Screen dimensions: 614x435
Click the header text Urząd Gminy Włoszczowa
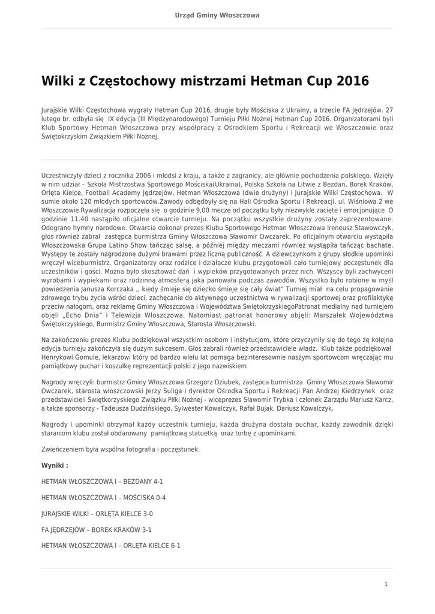pos(217,15)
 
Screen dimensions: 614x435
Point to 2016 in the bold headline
pos(353,80)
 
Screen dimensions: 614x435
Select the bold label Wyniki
pos(55,465)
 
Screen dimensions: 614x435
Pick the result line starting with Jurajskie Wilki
pos(97,514)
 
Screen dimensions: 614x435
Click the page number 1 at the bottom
pos(386,584)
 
